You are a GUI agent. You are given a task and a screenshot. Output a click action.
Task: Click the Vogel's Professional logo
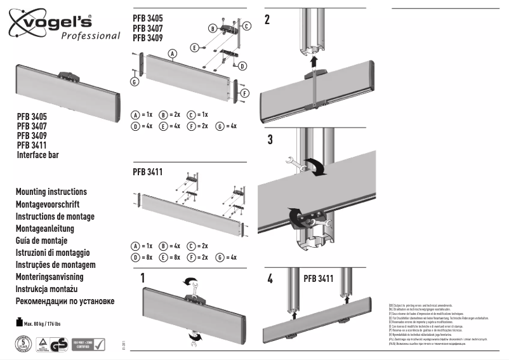(x=63, y=26)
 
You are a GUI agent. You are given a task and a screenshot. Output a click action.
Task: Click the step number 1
(x=143, y=277)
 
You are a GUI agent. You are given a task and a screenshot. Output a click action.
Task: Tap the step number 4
(x=270, y=278)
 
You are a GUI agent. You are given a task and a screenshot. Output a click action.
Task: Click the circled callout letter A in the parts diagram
(x=171, y=55)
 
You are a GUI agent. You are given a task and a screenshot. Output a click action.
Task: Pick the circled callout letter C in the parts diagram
(x=248, y=25)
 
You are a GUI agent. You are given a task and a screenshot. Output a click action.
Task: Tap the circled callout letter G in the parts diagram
(x=135, y=82)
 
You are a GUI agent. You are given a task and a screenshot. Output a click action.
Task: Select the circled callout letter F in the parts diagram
(x=242, y=93)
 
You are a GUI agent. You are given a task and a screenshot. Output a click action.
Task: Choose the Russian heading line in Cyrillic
(x=65, y=301)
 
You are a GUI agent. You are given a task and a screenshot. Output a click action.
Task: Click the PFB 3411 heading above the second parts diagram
(x=148, y=171)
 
